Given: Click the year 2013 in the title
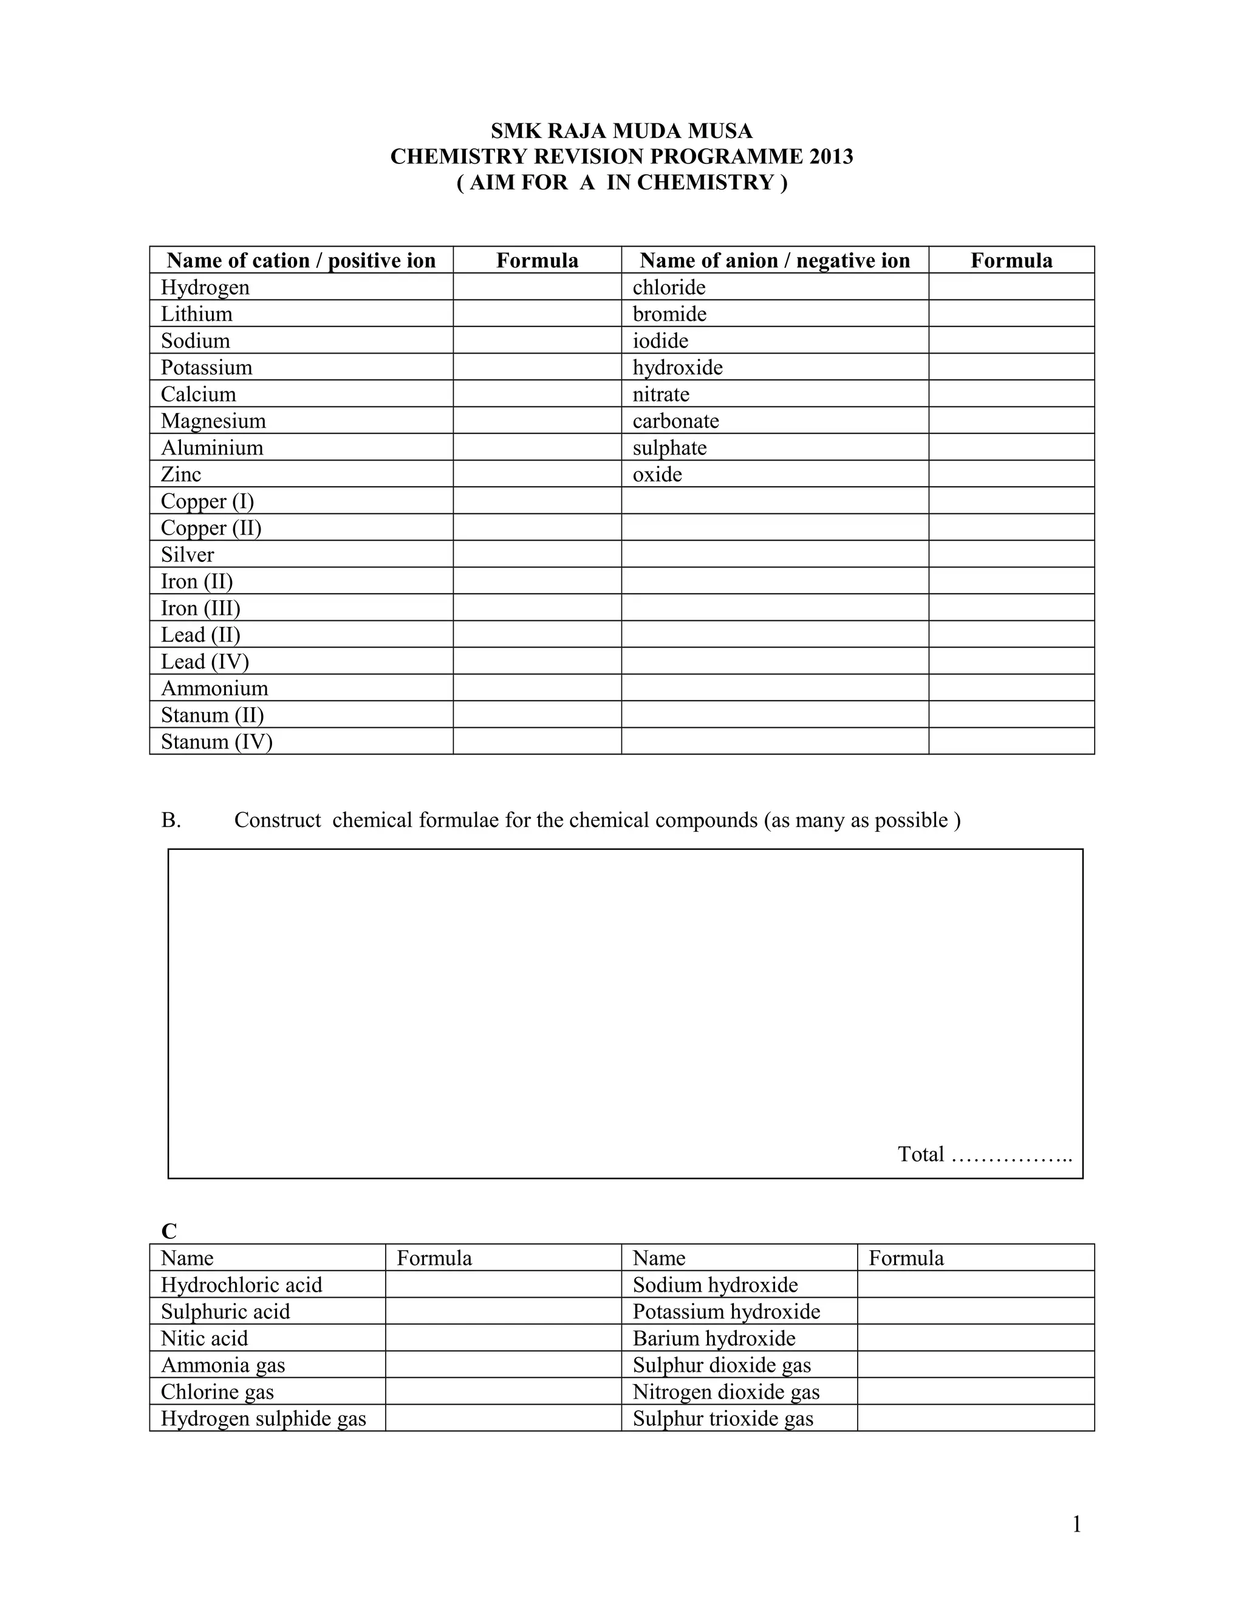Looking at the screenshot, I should (x=830, y=157).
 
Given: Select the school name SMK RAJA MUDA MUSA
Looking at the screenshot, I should (x=621, y=131).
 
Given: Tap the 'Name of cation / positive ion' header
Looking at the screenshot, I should (x=301, y=260).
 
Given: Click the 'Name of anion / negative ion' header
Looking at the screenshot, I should (x=774, y=260).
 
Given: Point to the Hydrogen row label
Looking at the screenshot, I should (x=205, y=287).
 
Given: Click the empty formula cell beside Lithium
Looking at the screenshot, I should (x=536, y=313).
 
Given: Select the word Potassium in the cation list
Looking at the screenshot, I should (x=207, y=367).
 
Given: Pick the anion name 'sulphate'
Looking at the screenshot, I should (x=669, y=448).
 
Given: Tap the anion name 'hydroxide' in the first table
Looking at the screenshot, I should (x=677, y=367).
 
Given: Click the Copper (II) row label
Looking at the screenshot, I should (x=211, y=528).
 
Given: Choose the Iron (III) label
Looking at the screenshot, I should (x=200, y=608).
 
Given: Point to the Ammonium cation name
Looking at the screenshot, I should (x=214, y=688).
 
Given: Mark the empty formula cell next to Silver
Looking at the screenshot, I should (x=536, y=554).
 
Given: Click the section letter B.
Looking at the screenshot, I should (x=171, y=820).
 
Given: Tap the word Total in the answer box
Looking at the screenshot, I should (x=920, y=1154).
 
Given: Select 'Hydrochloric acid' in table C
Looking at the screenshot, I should (x=242, y=1285).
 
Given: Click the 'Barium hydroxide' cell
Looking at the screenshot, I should (x=713, y=1338).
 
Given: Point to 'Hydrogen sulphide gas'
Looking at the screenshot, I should (x=263, y=1419).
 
